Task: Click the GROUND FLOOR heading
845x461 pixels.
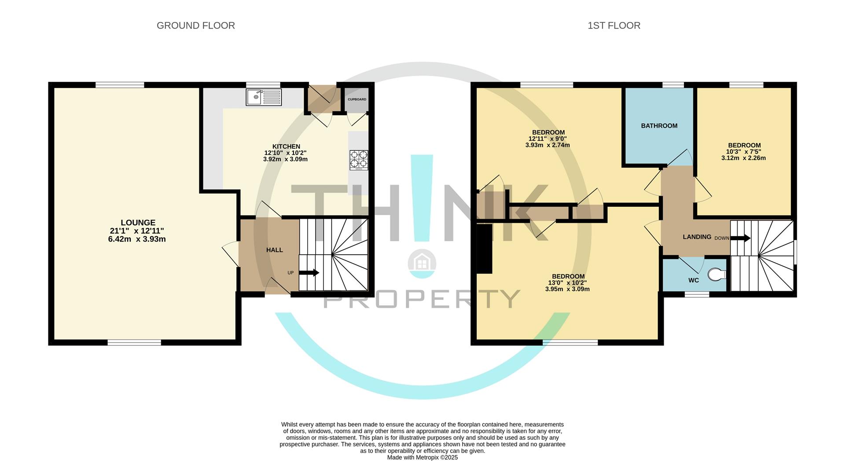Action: [196, 26]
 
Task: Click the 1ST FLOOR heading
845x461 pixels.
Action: [614, 26]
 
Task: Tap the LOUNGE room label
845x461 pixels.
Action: [138, 223]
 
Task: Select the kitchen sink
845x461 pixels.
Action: [264, 97]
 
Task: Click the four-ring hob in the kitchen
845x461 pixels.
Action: [359, 160]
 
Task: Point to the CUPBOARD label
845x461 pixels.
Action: [357, 99]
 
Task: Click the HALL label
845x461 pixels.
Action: [275, 250]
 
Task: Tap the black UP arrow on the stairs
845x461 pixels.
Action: [309, 273]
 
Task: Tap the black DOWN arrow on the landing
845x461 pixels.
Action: [740, 238]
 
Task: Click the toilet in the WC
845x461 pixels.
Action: [717, 275]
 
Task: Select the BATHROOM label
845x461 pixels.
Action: [659, 126]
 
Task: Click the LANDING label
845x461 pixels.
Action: [697, 237]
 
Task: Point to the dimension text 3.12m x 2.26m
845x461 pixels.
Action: [744, 158]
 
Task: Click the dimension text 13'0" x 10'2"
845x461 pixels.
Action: [567, 283]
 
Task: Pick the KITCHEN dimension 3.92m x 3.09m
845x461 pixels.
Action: [285, 159]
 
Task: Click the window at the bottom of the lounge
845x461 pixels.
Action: [135, 342]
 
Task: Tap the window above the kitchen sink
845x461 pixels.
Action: [263, 85]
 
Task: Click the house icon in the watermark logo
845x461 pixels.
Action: [422, 263]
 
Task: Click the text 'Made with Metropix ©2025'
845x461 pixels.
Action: [422, 457]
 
